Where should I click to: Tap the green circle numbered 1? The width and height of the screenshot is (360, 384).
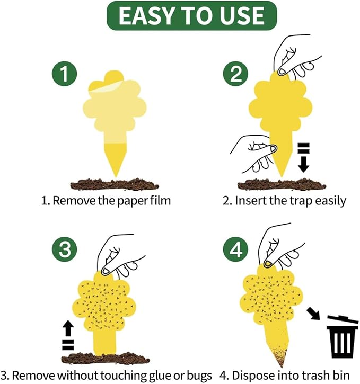tap(65, 74)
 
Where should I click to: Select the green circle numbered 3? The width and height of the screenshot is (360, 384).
tap(65, 249)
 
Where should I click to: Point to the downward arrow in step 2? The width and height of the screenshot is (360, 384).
tap(303, 156)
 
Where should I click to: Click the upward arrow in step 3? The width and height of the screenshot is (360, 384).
tap(67, 336)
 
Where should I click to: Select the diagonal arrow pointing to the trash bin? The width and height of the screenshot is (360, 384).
tap(313, 315)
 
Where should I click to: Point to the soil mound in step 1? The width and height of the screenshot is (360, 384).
tap(115, 184)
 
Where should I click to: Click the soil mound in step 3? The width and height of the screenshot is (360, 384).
tap(106, 359)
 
